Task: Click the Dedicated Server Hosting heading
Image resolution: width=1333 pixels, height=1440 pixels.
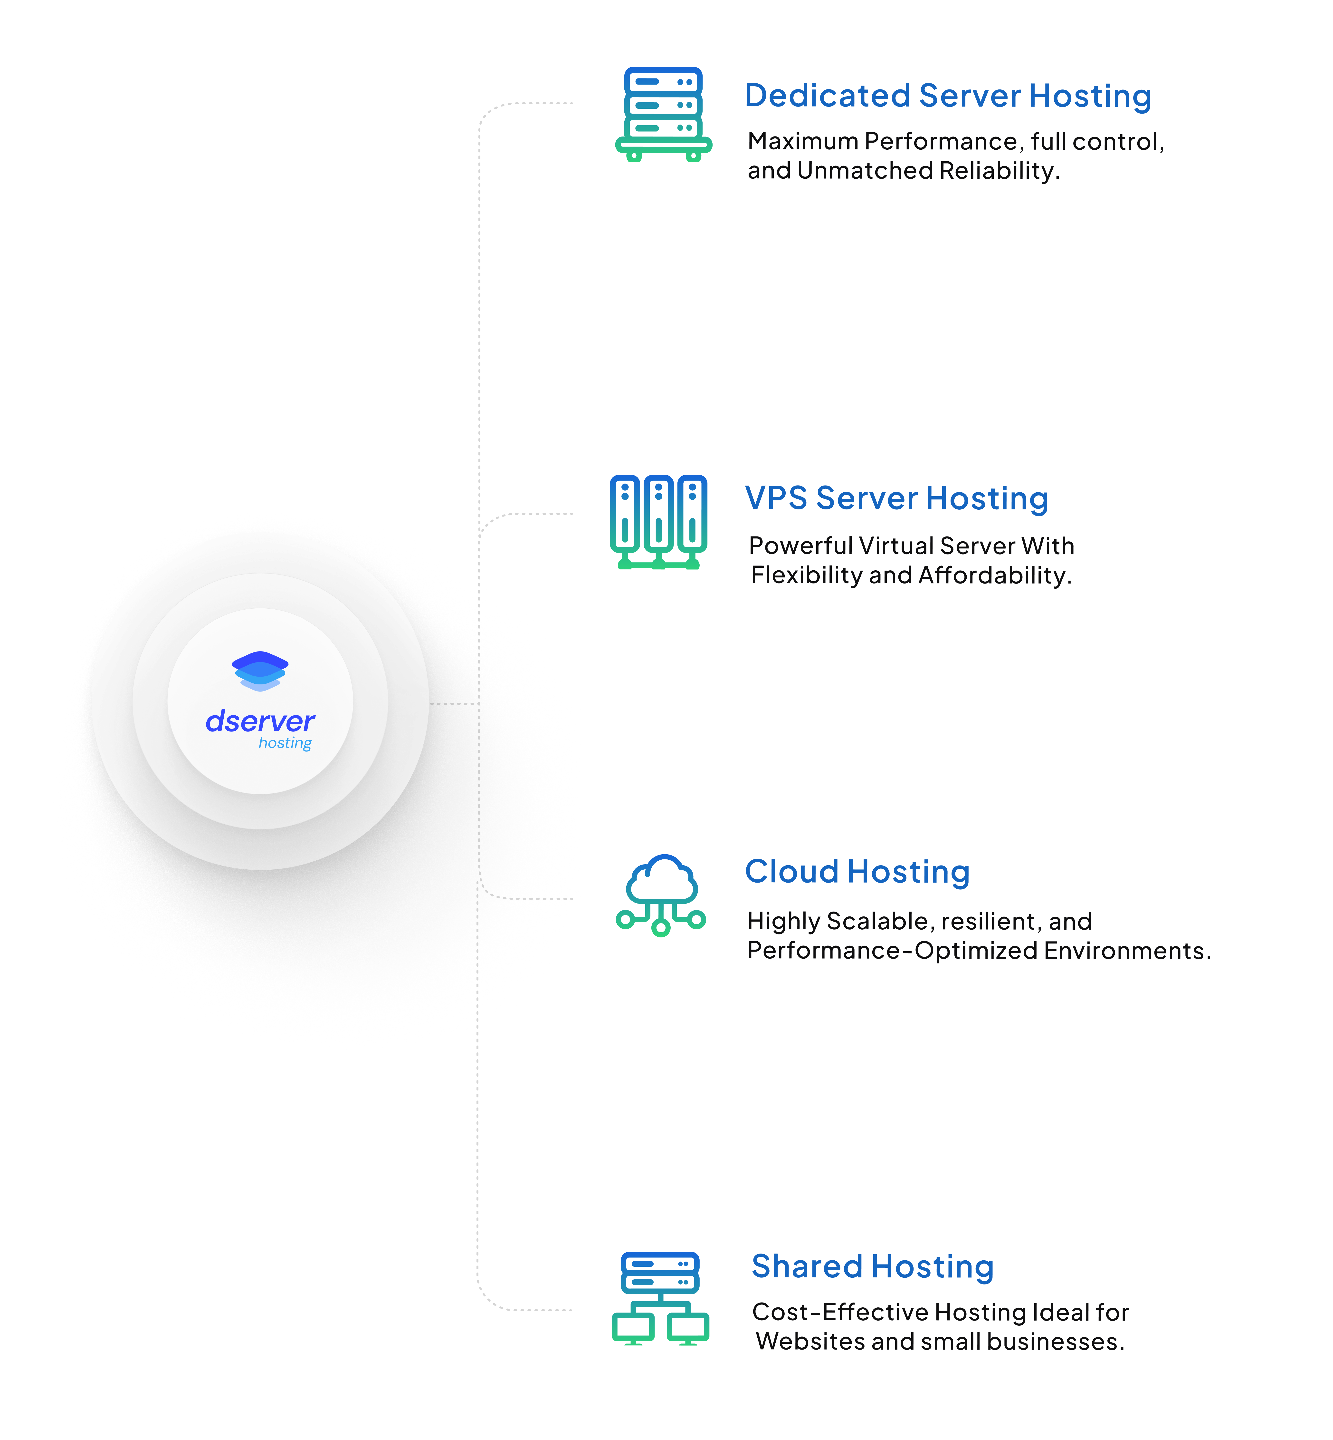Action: (x=947, y=96)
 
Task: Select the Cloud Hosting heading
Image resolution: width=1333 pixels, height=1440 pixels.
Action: (x=857, y=872)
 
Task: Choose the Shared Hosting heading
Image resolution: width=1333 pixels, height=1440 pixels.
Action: (x=872, y=1267)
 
